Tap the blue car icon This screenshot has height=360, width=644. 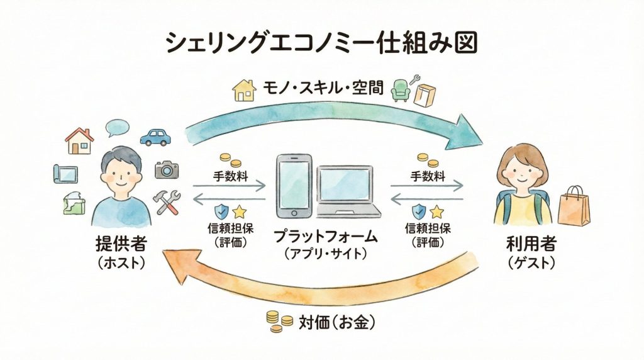pos(155,137)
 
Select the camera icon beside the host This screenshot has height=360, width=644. pos(167,169)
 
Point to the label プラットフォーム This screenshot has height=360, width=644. pos(326,237)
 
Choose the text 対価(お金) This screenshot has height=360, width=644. pos(337,322)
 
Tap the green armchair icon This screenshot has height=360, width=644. pos(400,91)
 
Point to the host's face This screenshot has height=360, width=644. pos(119,173)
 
